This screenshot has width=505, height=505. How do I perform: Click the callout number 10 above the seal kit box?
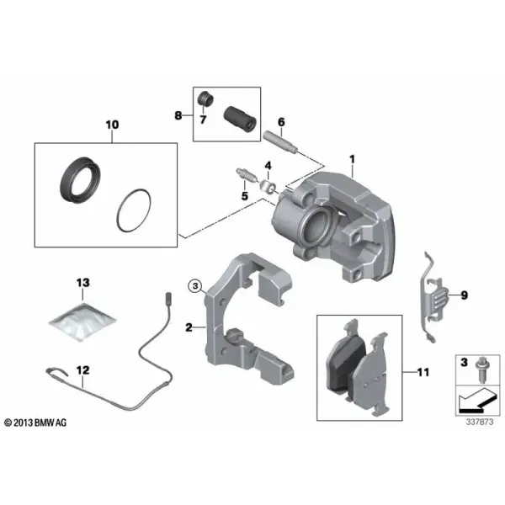[113, 125]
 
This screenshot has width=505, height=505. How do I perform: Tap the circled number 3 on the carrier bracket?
[195, 285]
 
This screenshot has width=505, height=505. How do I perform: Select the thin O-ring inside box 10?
[133, 210]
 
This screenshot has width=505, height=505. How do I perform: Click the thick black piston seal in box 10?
[80, 180]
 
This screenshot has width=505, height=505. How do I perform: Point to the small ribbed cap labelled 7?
[205, 98]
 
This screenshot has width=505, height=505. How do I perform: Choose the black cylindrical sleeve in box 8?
[240, 119]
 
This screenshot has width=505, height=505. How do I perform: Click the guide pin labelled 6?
[281, 141]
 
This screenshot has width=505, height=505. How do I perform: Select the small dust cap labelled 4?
[268, 186]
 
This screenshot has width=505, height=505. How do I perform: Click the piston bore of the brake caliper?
[316, 225]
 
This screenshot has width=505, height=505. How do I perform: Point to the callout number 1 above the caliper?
[352, 159]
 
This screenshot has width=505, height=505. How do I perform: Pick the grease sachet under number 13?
[82, 322]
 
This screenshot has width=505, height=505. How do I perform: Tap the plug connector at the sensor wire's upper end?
[167, 298]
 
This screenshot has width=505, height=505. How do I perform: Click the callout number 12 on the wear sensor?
[82, 370]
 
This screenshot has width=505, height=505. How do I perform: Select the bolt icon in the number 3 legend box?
[482, 370]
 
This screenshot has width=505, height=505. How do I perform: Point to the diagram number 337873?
[479, 422]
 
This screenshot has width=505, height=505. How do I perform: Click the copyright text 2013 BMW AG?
[35, 423]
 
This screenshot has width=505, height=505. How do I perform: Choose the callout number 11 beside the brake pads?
[423, 373]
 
